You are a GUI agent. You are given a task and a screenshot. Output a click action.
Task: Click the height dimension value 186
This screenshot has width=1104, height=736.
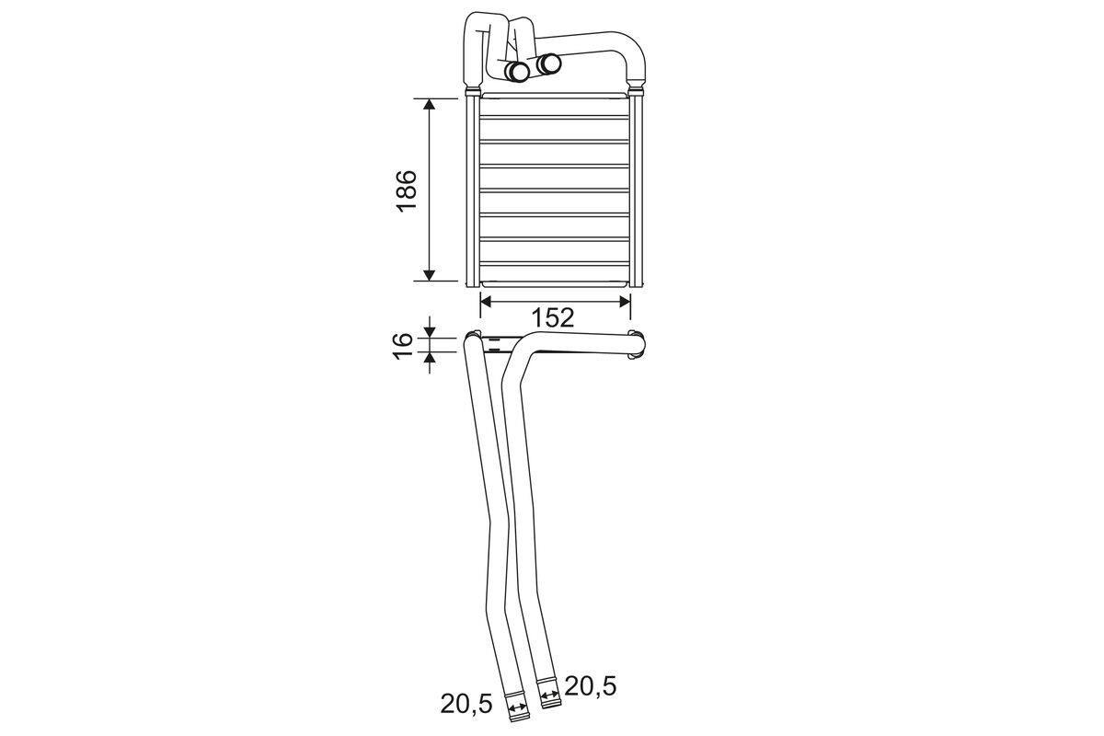click(407, 190)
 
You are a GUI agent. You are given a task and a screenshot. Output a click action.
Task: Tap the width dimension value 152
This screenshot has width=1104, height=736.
click(553, 318)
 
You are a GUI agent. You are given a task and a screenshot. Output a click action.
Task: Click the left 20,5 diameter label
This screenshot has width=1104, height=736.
click(467, 704)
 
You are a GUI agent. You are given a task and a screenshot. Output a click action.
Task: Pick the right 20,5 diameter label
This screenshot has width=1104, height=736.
click(590, 684)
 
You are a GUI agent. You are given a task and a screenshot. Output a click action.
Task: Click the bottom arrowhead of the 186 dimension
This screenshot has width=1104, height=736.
click(430, 273)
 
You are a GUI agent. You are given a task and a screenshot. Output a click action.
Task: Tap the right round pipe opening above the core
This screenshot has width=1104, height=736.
click(549, 63)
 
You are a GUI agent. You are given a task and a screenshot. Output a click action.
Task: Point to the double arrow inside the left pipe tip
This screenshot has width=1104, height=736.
click(519, 708)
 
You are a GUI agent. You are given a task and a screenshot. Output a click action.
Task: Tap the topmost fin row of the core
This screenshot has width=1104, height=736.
click(555, 106)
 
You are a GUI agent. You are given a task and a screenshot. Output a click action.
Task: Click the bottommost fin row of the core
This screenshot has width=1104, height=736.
click(555, 273)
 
